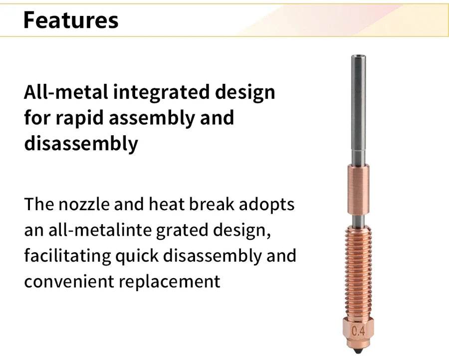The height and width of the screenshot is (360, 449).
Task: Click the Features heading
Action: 71,20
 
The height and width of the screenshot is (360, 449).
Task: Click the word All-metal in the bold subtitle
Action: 66,92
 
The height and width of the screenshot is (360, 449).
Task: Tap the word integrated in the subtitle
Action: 161,93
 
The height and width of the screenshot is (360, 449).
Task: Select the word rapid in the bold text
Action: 79,118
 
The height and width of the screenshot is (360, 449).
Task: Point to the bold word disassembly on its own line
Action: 81,144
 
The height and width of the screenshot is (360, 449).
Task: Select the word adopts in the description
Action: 266,205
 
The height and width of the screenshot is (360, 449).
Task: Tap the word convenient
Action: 69,282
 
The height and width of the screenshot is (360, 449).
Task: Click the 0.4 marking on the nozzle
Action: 358,332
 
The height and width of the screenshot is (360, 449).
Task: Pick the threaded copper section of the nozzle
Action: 359,271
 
